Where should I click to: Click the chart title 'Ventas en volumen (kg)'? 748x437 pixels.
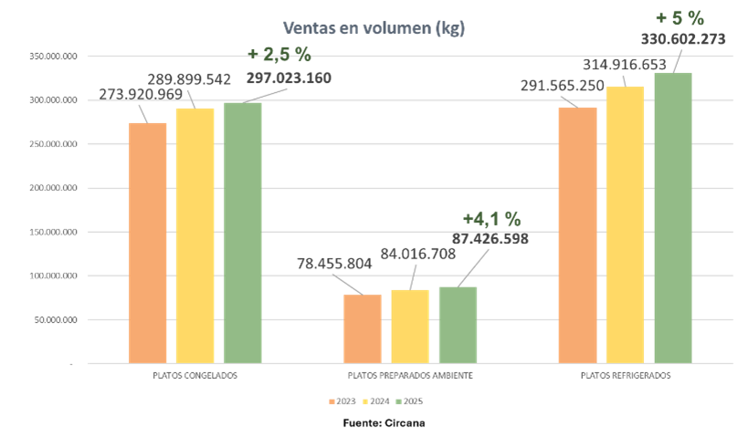(x=374, y=28)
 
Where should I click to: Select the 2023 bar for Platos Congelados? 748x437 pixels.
(x=147, y=243)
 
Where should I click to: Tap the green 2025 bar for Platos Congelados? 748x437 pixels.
(x=243, y=233)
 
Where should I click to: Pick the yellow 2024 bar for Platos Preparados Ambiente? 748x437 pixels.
(x=410, y=327)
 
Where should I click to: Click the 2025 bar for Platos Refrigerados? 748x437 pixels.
(x=673, y=218)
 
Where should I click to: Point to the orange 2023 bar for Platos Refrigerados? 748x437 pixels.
(x=578, y=235)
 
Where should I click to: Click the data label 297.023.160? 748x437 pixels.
(x=289, y=78)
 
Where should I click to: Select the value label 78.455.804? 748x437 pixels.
(x=334, y=264)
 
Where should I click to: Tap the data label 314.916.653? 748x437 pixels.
(x=625, y=65)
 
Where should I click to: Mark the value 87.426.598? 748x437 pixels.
(x=490, y=238)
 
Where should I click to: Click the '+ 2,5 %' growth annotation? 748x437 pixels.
(x=279, y=55)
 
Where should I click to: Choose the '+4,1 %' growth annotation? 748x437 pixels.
(x=492, y=219)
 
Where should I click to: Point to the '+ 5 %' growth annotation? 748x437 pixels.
(x=680, y=18)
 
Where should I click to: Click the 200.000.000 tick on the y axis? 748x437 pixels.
(x=53, y=188)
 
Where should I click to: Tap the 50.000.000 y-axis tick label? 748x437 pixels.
(x=56, y=320)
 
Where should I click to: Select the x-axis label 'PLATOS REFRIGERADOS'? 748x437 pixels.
(x=626, y=376)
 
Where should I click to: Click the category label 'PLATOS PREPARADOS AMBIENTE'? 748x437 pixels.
(x=410, y=376)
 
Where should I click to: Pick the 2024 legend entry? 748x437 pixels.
(x=376, y=401)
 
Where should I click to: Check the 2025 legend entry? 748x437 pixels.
(x=410, y=401)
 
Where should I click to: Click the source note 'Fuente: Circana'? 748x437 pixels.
(x=384, y=422)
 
